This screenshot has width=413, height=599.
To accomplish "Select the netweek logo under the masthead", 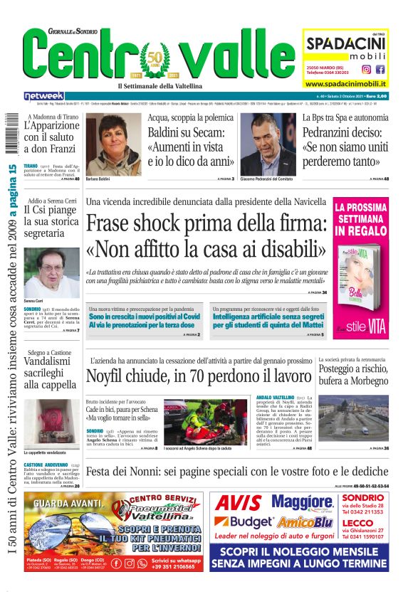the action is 43,95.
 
